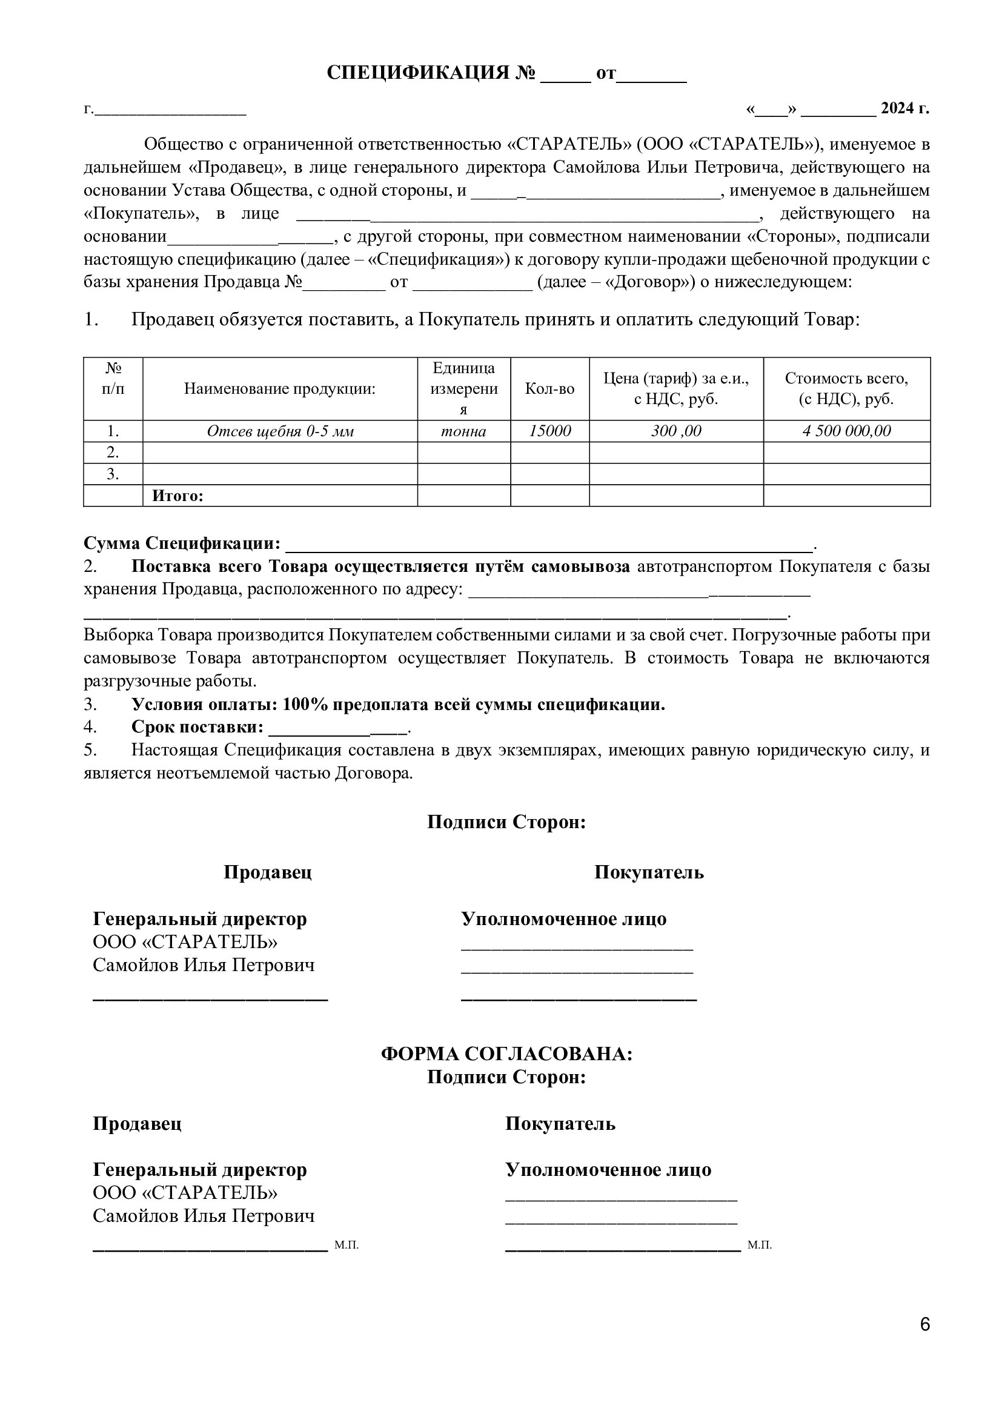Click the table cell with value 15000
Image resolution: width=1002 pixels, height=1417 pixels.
pos(549,431)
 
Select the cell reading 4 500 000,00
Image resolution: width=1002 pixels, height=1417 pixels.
pos(846,431)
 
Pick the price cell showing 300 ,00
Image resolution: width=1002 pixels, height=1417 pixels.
pos(676,431)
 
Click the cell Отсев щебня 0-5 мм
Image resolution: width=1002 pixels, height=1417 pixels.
pos(280,431)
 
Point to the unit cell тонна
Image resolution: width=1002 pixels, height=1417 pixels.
pos(463,431)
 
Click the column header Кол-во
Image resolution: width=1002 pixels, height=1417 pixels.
pos(549,389)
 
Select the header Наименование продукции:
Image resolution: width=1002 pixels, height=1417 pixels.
pos(280,389)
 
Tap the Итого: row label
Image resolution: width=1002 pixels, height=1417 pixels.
pos(178,496)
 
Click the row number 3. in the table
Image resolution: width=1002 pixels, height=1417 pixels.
pos(113,474)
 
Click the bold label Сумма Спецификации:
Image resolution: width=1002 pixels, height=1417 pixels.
pos(182,543)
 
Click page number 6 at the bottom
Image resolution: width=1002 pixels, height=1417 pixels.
pos(924,1342)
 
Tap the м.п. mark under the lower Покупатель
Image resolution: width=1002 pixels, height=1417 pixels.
pos(760,1246)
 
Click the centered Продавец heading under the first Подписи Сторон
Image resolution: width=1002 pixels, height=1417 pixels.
pos(267,872)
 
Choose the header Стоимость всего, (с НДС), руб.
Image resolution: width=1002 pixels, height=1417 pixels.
pos(846,389)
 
